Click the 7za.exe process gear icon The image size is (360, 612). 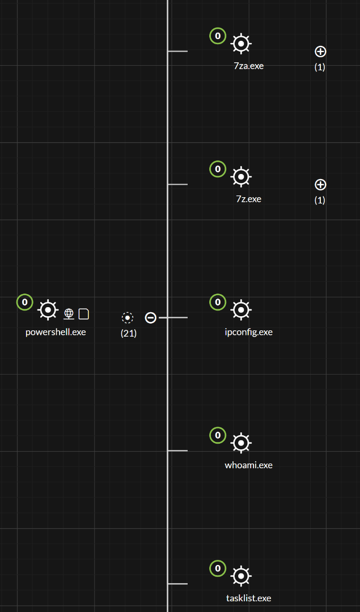pos(241,44)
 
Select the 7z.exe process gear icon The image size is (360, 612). pos(241,177)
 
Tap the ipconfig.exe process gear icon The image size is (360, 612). pos(241,310)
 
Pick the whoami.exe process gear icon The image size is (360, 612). pos(241,443)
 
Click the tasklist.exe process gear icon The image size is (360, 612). pos(241,576)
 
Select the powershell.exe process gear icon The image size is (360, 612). pos(48,310)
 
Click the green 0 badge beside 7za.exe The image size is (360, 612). pos(218,36)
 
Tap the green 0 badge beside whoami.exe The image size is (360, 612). pos(218,435)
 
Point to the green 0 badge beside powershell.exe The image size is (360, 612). pos(24,302)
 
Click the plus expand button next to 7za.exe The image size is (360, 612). pos(320,52)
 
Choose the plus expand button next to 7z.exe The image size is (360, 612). pos(320,185)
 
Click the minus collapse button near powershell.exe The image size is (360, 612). pos(150,318)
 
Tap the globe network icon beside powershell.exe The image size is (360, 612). pos(69,313)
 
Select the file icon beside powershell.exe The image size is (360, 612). pos(84,313)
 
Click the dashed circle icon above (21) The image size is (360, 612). pos(128,318)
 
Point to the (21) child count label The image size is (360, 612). pos(129,333)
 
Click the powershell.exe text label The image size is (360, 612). pos(56,332)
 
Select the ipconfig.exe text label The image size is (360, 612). pos(248,332)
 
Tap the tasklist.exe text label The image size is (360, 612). pos(248,598)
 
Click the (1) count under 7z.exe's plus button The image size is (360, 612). pos(320,200)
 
